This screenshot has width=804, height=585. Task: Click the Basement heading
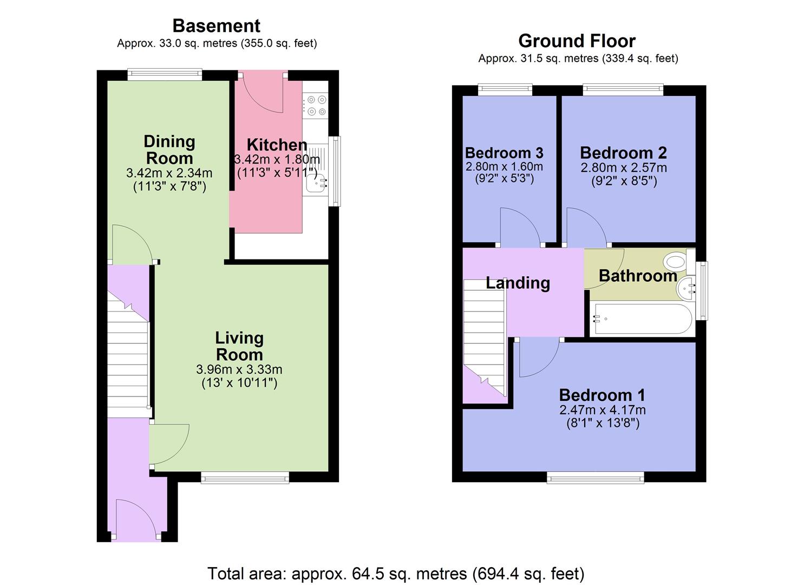click(x=216, y=25)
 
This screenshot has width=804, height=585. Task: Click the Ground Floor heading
click(x=577, y=41)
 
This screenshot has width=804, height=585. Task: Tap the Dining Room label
click(x=169, y=150)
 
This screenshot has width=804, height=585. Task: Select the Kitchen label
click(x=277, y=145)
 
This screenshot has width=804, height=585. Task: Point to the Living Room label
click(x=239, y=346)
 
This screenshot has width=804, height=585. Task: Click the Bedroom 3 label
click(x=504, y=153)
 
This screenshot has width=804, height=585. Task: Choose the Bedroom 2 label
click(x=623, y=153)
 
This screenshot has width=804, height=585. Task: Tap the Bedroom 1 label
click(x=602, y=395)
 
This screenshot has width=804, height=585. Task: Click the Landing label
click(x=518, y=283)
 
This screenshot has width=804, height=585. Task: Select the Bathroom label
click(x=638, y=276)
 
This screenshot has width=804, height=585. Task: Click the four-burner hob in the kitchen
click(x=316, y=106)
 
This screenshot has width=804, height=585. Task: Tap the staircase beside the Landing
click(x=484, y=336)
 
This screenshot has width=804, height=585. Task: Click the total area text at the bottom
click(x=396, y=573)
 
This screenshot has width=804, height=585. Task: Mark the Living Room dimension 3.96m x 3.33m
click(x=239, y=370)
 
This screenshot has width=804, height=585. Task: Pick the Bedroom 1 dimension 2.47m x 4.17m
click(x=602, y=410)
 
